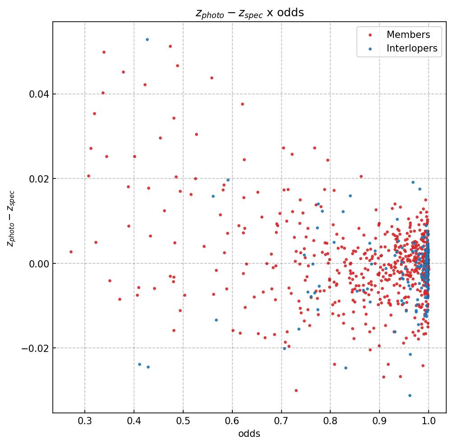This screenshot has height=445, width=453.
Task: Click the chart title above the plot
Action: pos(250,13)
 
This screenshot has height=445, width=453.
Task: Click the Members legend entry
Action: pos(408,35)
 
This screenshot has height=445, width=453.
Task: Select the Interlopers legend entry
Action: pos(411,49)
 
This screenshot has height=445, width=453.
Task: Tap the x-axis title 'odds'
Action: pos(250,434)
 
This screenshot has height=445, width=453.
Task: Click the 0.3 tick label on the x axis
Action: pos(85,422)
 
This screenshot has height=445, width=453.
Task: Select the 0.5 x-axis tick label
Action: pos(183,422)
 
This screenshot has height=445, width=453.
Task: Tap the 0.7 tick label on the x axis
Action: pos(282,422)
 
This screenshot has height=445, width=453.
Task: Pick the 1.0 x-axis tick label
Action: pos(429,422)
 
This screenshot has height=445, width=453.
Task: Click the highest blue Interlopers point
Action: pos(147,39)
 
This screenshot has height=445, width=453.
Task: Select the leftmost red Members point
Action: pos(71,252)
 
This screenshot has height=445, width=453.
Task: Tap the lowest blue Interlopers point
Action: pos(410,395)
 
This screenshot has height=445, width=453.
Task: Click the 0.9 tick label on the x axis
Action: pos(379,422)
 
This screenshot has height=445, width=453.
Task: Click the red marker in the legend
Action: pos(370,35)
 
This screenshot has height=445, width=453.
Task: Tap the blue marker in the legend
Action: pos(370,49)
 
